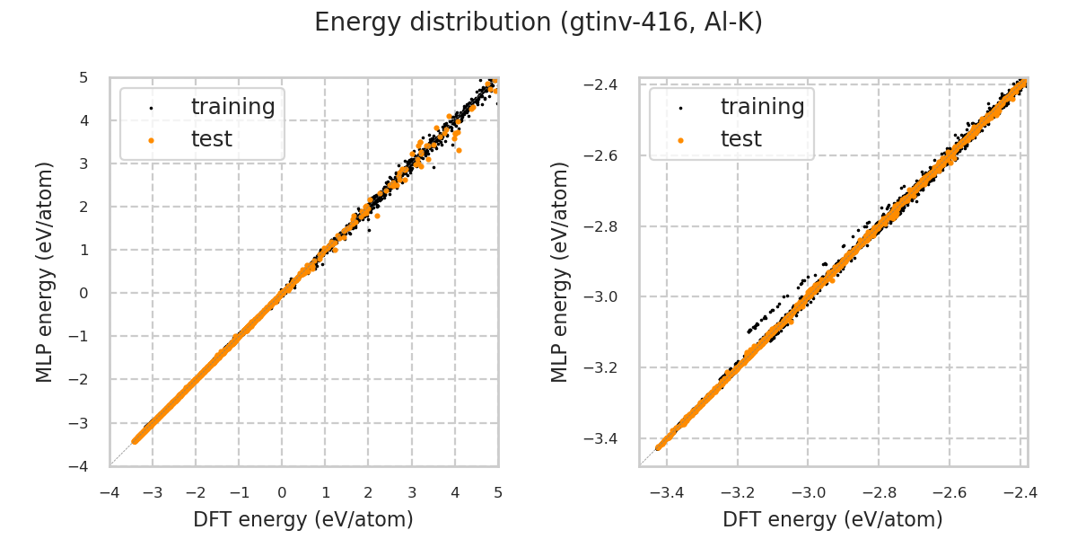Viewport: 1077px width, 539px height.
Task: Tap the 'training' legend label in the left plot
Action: [232, 107]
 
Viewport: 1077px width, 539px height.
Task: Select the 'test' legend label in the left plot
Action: [211, 139]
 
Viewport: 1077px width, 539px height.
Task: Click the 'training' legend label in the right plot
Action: [762, 107]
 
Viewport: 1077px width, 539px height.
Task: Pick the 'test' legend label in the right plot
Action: [740, 139]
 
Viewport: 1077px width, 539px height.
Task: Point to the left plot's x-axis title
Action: [303, 519]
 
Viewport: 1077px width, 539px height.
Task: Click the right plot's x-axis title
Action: [833, 519]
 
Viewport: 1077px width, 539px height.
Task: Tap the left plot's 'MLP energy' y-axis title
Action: [46, 271]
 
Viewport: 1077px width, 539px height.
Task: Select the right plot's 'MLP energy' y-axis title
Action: [561, 271]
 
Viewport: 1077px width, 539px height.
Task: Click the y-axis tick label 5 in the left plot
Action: [83, 77]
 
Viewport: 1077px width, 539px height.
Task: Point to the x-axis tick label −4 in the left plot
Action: [109, 493]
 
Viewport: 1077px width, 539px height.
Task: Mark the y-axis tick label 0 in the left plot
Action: [83, 293]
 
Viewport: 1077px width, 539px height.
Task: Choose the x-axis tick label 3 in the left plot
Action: [412, 493]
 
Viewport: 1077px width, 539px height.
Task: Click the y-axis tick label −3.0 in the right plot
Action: [612, 296]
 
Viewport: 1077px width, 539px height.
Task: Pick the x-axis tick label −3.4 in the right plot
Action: [666, 493]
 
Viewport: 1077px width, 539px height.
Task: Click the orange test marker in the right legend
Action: [680, 140]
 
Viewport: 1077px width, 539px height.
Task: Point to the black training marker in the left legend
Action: [151, 108]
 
